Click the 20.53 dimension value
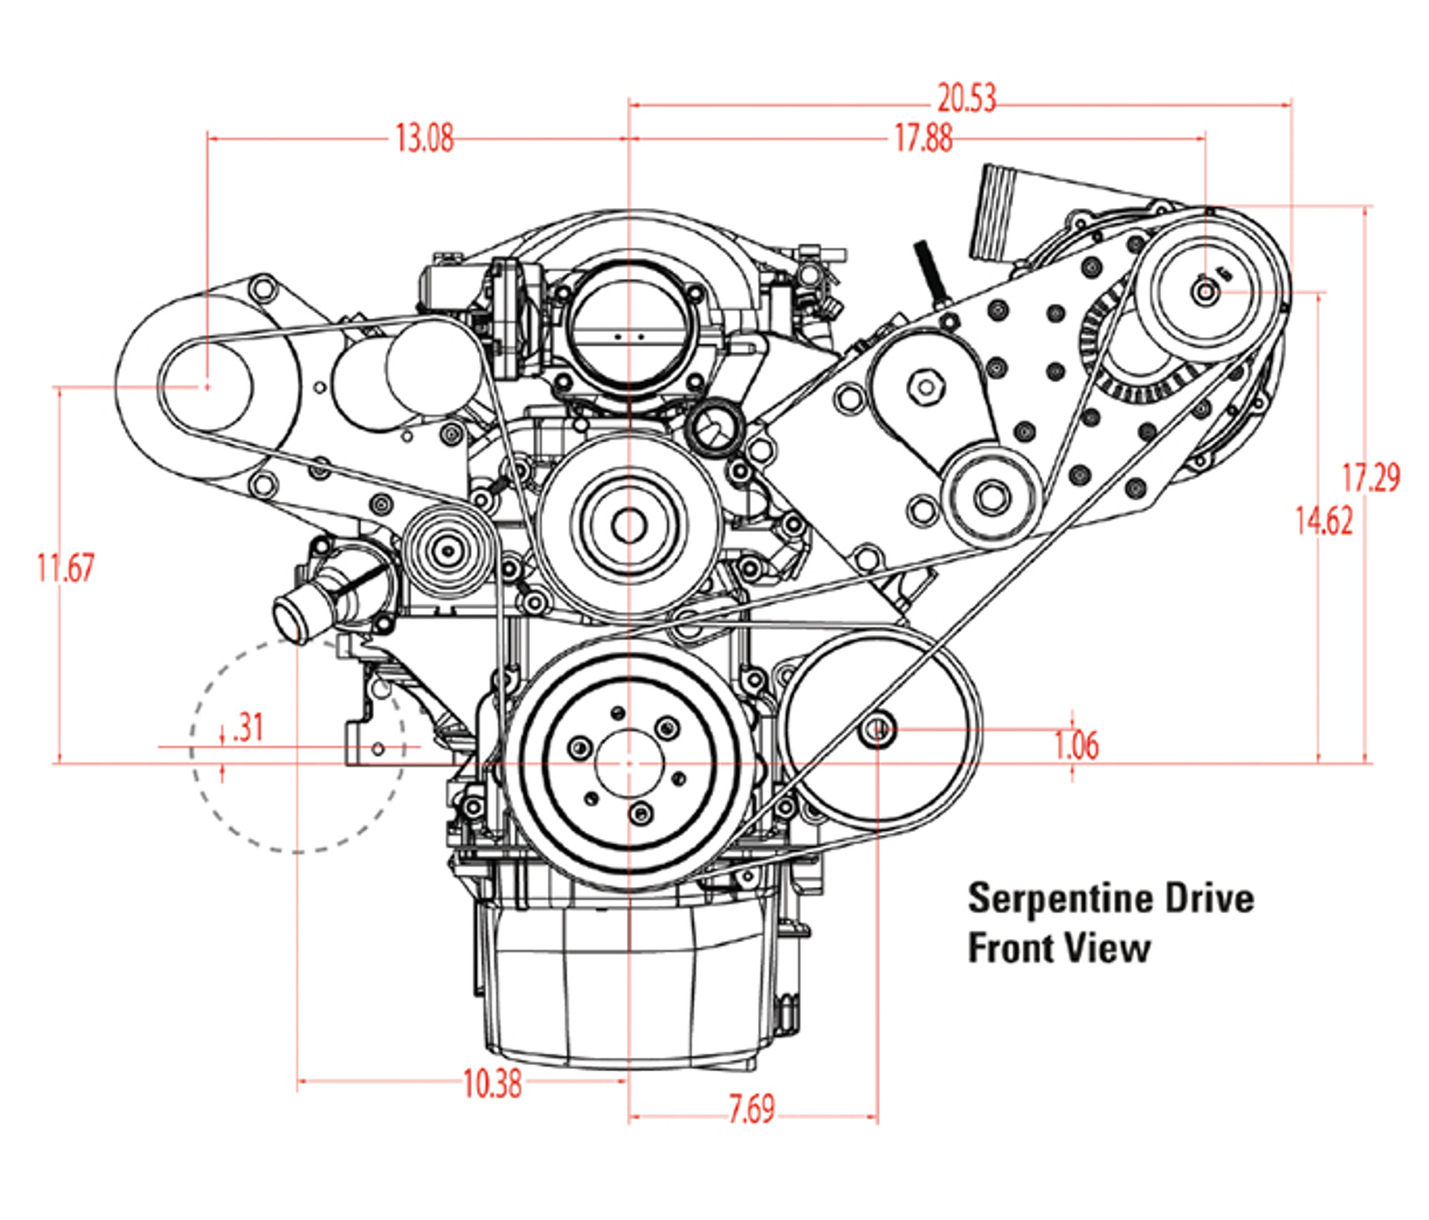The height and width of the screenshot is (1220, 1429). coord(966,99)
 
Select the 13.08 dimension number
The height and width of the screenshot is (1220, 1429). coord(424,138)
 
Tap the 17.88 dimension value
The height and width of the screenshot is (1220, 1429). coord(923,138)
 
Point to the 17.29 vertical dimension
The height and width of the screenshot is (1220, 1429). coord(1370,478)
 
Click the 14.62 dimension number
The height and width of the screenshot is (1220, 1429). coord(1324,521)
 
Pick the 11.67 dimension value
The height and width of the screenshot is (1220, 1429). coord(66,568)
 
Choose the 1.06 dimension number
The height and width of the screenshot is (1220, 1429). coord(1076,745)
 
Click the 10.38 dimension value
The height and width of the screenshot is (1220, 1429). coord(492,1084)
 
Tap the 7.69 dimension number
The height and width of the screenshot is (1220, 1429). coord(751,1109)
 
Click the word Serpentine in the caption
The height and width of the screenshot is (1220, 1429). coord(1061,899)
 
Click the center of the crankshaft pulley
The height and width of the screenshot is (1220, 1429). coord(629,764)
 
